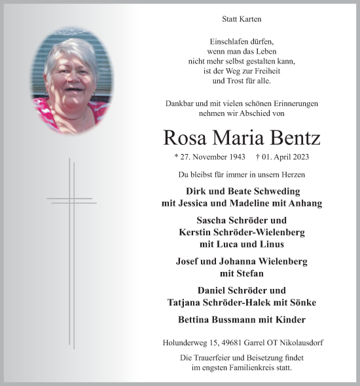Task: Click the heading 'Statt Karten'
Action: click(x=242, y=20)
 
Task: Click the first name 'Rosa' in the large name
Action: click(x=185, y=138)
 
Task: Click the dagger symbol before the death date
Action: click(x=258, y=157)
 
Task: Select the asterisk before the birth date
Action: click(x=177, y=158)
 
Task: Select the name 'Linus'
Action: click(x=270, y=244)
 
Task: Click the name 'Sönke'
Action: click(x=302, y=302)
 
